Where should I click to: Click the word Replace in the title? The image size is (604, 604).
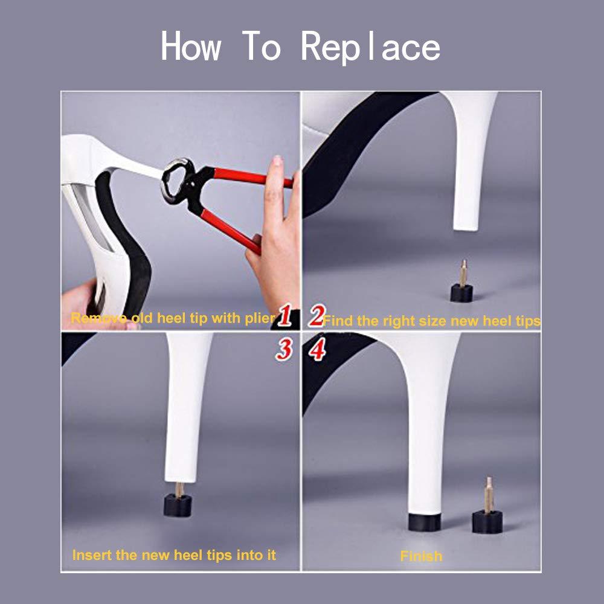370,47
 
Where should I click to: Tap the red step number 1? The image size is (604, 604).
286,316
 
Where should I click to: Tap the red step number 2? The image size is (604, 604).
316,316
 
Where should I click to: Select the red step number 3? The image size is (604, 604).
284,350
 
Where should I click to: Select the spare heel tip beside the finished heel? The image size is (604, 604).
487,519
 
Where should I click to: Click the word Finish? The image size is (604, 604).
421,556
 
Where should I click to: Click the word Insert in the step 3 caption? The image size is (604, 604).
89,554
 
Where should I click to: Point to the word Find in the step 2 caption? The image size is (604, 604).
336,321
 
